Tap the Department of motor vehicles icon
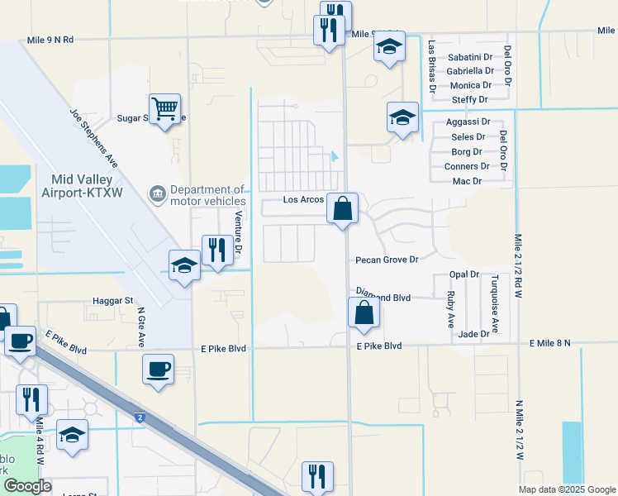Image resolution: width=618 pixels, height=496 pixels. tap(156, 195)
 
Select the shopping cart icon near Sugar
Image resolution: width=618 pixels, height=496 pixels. tap(165, 108)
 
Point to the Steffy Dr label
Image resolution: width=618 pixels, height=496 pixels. tap(473, 100)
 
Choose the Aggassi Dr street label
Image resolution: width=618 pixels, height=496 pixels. tap(468, 122)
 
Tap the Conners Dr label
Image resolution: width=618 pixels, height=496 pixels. tap(466, 166)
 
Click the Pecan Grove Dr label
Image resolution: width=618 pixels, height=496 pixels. tap(387, 260)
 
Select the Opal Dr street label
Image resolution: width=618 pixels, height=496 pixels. tap(464, 274)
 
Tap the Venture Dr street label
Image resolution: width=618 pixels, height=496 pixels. tap(238, 231)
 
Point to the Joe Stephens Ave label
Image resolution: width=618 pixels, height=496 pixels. tap(94, 139)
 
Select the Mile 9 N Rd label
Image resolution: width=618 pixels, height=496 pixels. tap(50, 39)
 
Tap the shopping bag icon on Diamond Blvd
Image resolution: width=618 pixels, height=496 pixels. tap(364, 313)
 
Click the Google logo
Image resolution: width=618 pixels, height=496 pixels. tap(27, 487)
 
